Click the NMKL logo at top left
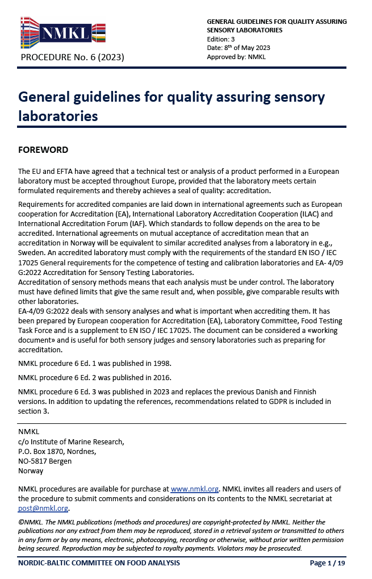coord(63,33)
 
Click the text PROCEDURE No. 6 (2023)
coord(72,57)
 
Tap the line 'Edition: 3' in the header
coord(220,39)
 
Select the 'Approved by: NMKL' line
coord(236,57)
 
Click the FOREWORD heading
coord(43,150)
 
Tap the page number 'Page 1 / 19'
coord(327,563)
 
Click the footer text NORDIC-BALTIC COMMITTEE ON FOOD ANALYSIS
coord(99,563)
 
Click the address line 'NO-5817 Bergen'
coord(45,461)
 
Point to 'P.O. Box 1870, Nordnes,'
coord(57,451)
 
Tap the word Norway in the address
coord(31,470)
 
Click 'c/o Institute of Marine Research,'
coord(71,441)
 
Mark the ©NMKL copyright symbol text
coord(30,522)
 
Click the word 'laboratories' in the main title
coord(58,116)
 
